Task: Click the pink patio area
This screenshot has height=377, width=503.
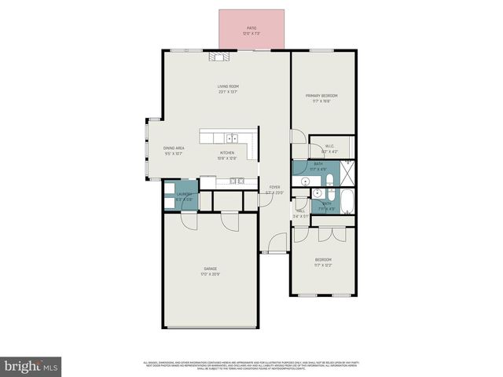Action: point(251,30)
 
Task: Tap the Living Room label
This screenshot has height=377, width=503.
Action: point(228,89)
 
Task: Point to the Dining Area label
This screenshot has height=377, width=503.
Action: point(174,150)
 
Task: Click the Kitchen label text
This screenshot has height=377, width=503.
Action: point(226,155)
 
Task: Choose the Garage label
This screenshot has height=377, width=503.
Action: point(211,271)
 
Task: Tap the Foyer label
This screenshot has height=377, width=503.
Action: point(274,189)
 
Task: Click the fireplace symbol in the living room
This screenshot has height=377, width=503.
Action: point(218,57)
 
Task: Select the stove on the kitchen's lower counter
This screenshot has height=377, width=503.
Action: point(237,181)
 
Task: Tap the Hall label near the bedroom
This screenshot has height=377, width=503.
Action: point(300,213)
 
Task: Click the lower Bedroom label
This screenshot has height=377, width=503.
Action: point(323,262)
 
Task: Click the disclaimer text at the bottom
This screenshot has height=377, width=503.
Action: point(251,365)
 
